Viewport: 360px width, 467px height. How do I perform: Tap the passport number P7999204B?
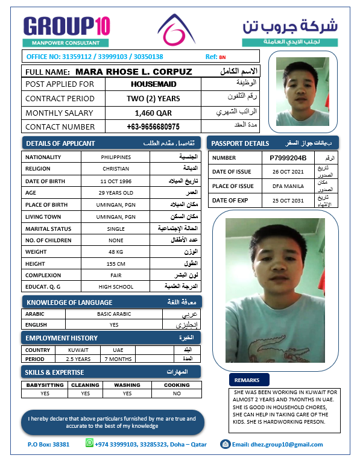coord(288,158)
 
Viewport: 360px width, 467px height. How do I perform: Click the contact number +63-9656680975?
coord(153,127)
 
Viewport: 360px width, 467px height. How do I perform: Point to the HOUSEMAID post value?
coord(153,84)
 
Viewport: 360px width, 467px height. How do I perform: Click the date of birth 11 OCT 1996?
coord(116,181)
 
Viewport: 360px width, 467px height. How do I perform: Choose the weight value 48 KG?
coord(116,252)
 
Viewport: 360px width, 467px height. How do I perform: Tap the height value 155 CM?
coord(116,264)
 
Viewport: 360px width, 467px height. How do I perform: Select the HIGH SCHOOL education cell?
coord(116,286)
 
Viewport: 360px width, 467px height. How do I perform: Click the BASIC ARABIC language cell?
coord(114,314)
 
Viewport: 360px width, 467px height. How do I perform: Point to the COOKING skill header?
coord(177,384)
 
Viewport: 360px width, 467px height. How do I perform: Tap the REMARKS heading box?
coord(247,380)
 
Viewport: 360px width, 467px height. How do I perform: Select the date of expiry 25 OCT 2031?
coord(288,200)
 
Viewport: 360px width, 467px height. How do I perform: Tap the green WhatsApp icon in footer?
coord(90,443)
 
